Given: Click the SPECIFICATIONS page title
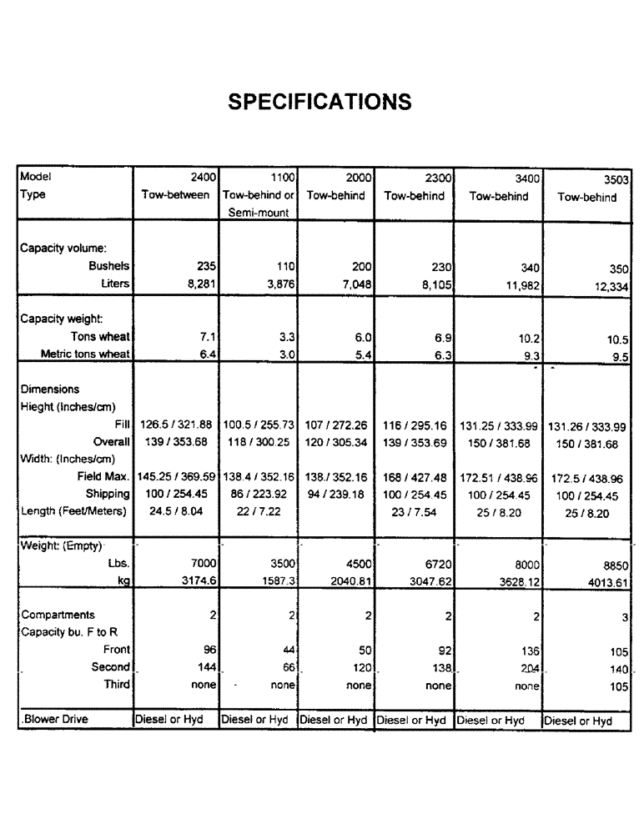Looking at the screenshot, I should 320,102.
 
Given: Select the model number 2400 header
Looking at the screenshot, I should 204,177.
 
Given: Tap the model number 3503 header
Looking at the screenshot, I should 615,178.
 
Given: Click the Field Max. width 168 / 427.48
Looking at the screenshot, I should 414,477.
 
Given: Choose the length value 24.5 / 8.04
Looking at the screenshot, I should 175,511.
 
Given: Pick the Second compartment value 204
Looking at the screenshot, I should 529,667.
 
